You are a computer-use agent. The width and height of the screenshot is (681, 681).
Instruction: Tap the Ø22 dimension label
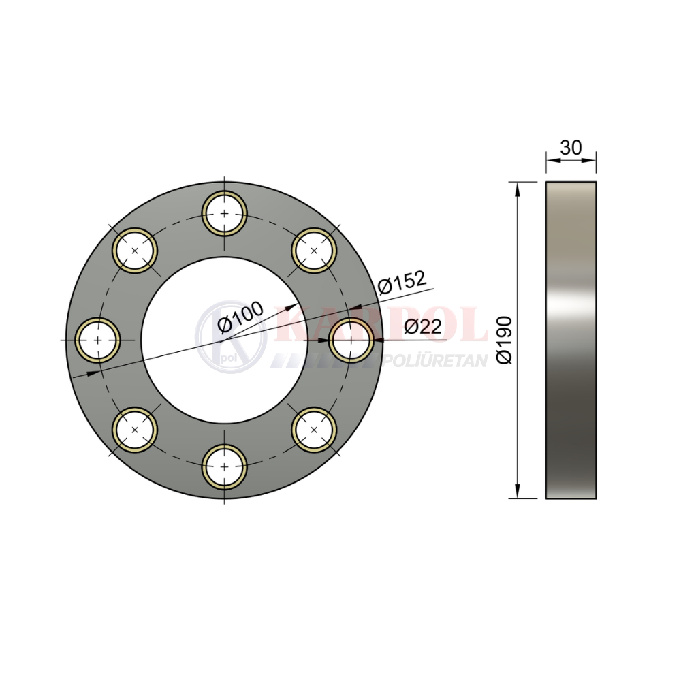[x=423, y=326]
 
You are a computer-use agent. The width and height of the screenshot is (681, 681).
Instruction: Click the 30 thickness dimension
[x=571, y=148]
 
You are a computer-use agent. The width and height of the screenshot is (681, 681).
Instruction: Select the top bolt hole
[x=224, y=213]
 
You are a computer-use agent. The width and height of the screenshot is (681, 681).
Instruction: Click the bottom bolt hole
[x=224, y=467]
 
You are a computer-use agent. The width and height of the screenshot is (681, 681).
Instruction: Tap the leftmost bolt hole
[x=97, y=340]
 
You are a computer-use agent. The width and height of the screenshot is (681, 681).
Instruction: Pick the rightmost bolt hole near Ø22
[x=351, y=340]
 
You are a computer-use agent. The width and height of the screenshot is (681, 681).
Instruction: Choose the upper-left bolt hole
[x=135, y=251]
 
